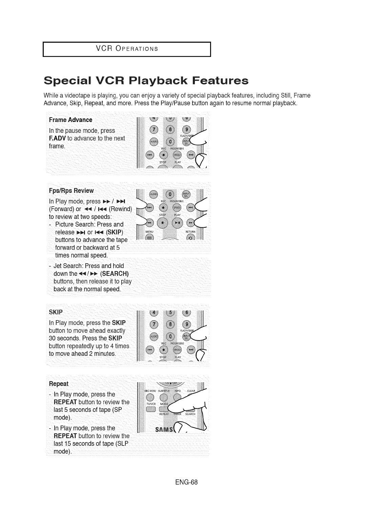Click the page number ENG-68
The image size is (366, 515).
[184, 482]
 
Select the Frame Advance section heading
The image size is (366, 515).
[70, 120]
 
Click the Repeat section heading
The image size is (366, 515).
[59, 384]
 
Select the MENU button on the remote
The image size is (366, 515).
[149, 238]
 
